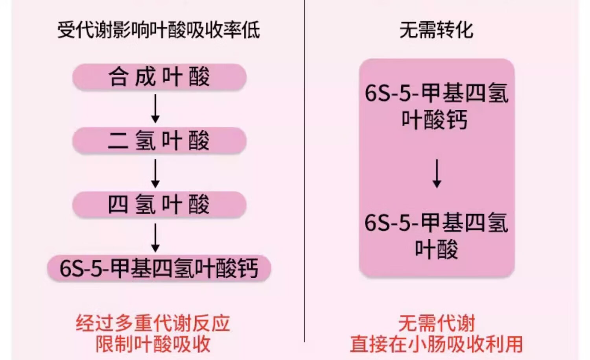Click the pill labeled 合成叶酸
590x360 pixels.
click(159, 77)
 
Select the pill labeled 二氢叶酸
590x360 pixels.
click(159, 140)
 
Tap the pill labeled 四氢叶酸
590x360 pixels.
click(159, 205)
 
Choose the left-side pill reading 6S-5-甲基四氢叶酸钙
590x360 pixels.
click(159, 268)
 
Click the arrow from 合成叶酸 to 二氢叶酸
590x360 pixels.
click(155, 109)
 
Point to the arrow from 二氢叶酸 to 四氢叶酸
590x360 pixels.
click(155, 173)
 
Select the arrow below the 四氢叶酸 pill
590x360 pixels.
click(155, 237)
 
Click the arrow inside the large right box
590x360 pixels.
click(437, 173)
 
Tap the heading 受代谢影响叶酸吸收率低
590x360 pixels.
click(159, 30)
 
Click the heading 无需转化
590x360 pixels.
click(436, 30)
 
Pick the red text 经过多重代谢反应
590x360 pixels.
click(153, 323)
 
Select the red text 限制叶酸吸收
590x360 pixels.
click(153, 344)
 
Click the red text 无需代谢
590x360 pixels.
click(437, 323)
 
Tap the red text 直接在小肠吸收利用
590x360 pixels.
click(437, 344)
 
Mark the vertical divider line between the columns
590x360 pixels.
click(304, 177)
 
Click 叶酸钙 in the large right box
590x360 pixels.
click(435, 120)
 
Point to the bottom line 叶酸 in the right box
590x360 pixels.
click(437, 249)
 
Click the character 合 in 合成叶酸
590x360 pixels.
click(118, 77)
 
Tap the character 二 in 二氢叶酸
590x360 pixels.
click(118, 140)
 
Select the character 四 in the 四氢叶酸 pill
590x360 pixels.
click(118, 205)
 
